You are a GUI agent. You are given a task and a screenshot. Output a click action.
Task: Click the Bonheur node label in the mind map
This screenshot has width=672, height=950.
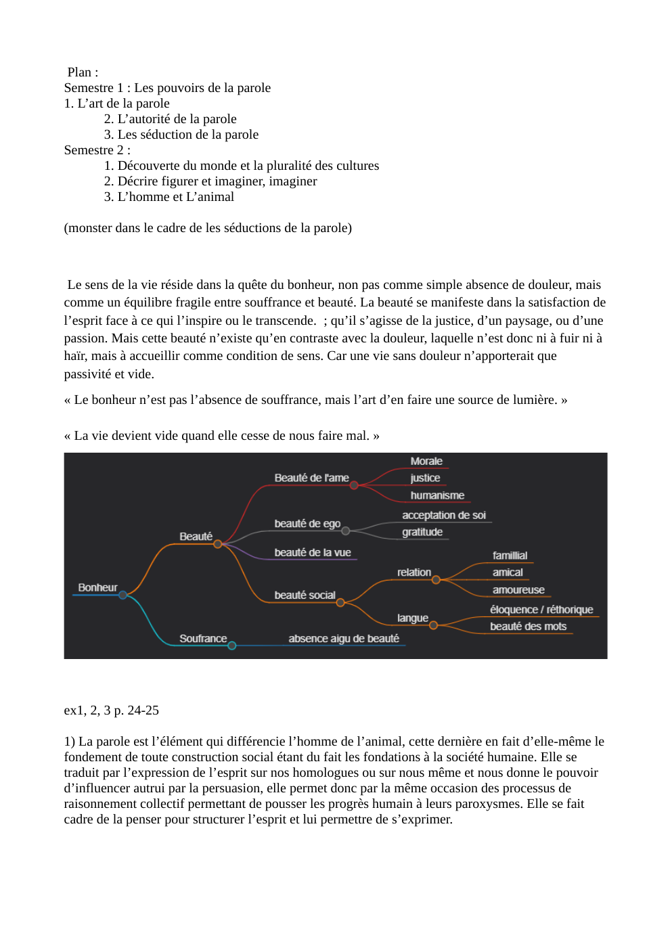coord(97,587)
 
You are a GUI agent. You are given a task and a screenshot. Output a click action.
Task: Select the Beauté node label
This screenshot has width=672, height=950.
coord(196,537)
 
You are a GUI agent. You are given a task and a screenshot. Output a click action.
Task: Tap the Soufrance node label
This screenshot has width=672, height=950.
coord(203,639)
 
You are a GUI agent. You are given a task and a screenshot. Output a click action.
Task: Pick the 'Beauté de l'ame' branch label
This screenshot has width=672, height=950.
coord(311,478)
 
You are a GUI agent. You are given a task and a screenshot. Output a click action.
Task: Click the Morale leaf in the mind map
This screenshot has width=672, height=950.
coord(426,461)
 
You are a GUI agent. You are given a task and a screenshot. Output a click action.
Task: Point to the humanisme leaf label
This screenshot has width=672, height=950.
coord(437,495)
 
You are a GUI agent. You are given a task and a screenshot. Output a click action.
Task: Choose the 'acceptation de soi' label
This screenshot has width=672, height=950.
coord(444,515)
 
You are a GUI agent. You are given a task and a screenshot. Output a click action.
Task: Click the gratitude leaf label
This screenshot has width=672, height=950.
coord(422,532)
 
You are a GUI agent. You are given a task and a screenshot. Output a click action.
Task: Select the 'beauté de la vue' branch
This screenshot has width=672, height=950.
coord(313,553)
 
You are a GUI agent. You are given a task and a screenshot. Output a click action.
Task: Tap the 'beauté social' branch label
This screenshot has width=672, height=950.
coord(305,595)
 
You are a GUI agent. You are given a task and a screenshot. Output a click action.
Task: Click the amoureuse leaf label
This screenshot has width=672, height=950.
coord(518,590)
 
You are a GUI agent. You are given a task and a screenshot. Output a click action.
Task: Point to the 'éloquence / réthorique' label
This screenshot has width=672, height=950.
coord(541,610)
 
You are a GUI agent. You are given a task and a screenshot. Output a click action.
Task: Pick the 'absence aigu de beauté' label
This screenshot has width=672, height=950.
coord(344,639)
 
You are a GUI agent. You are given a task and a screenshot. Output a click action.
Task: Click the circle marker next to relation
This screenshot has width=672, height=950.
coord(436,580)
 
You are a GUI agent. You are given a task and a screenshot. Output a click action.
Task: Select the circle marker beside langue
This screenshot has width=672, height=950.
coord(433,625)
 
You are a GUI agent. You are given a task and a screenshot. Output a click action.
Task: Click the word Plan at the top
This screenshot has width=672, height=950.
coord(79,72)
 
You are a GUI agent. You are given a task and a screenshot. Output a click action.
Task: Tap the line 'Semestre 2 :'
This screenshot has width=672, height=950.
coord(97,150)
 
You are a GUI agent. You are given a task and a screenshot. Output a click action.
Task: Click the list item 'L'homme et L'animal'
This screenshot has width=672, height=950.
coord(176,197)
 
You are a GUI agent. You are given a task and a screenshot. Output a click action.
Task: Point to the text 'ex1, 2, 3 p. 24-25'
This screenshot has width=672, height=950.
coord(112,710)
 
